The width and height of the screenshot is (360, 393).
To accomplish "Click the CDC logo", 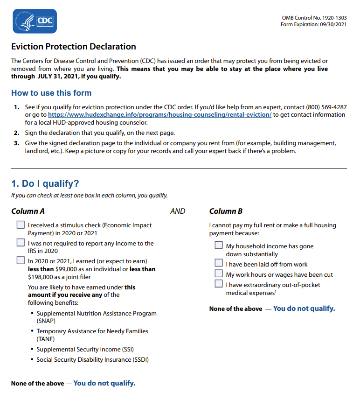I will tap(35, 21).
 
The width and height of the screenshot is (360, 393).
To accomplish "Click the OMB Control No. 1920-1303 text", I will tap(314, 18).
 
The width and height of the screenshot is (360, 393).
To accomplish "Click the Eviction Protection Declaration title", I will tap(74, 47).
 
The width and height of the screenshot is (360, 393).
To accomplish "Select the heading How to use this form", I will tap(51, 93).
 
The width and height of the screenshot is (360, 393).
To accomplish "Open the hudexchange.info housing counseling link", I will tap(159, 115).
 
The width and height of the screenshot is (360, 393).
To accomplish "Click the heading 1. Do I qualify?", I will tap(45, 184).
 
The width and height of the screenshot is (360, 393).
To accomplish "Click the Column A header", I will tap(28, 211).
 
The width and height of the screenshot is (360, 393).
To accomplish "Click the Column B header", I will tap(226, 211).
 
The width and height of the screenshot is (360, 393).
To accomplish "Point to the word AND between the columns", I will tap(178, 211).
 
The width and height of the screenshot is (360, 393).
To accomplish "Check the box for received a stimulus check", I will tap(21, 225).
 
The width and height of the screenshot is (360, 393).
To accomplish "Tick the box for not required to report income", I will tap(21, 243).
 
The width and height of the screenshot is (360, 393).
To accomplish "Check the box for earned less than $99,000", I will tap(21, 260).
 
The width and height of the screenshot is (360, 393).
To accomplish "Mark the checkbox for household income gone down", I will tap(219, 246).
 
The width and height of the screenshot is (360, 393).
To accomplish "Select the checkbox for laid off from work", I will tap(219, 264).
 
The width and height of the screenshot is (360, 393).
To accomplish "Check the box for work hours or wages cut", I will tap(219, 274).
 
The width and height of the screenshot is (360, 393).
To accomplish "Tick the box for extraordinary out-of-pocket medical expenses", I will tap(219, 284).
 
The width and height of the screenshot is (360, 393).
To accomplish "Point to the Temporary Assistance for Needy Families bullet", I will tap(92, 331).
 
